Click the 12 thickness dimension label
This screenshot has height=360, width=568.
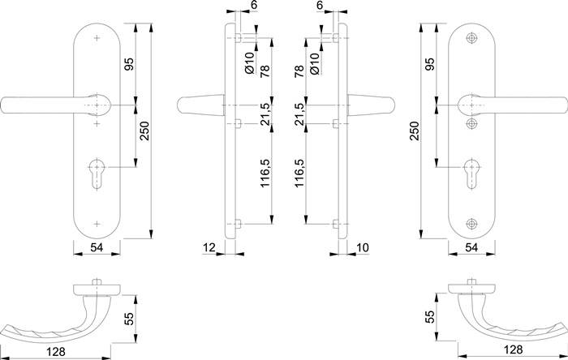209,247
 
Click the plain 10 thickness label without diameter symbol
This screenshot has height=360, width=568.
362,247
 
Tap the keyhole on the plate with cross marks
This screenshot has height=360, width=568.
97,174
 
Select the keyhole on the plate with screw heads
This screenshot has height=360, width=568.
471,174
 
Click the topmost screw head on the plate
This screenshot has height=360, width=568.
471,38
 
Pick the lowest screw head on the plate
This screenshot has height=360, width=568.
471,224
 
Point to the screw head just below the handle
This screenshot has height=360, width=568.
471,124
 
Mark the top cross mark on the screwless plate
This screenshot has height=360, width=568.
97,38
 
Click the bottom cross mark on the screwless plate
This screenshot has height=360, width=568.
97,224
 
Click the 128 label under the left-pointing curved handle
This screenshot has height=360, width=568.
56,350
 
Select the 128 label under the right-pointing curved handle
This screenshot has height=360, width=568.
514,349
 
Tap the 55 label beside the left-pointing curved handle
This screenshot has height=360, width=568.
129,319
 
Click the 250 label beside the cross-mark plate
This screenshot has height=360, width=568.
144,131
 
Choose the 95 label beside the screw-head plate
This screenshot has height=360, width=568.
429,64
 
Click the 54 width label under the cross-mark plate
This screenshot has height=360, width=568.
97,247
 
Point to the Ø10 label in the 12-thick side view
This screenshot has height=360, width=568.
250,63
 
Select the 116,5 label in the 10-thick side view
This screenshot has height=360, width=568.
299,173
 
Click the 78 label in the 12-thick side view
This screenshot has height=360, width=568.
265,71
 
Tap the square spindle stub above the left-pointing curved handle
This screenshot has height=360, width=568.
97,282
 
